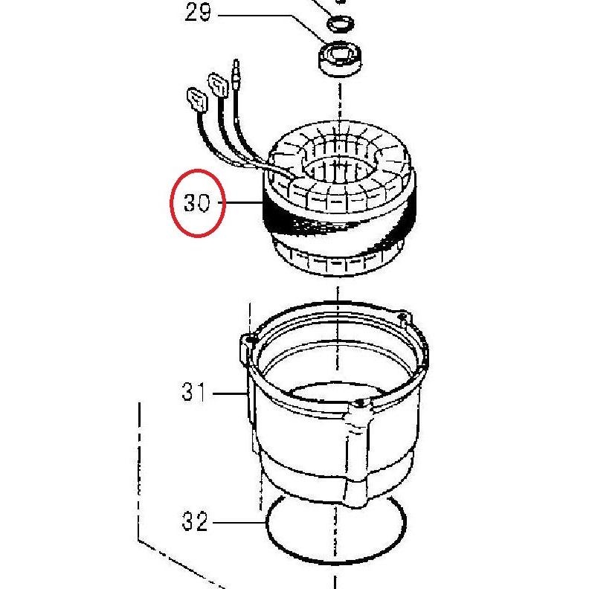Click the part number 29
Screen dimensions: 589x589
[198, 13]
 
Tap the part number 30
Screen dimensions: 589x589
[197, 203]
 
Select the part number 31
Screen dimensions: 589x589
[194, 392]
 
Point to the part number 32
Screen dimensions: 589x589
[195, 521]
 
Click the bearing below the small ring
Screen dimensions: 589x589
[340, 60]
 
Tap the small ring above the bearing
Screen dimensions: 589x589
[341, 25]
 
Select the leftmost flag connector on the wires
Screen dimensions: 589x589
[197, 100]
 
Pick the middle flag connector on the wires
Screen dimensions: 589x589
[219, 86]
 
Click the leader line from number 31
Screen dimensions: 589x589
[230, 393]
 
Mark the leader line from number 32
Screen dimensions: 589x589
[239, 523]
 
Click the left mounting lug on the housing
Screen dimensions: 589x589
[247, 347]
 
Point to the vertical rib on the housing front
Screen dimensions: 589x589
[357, 454]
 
